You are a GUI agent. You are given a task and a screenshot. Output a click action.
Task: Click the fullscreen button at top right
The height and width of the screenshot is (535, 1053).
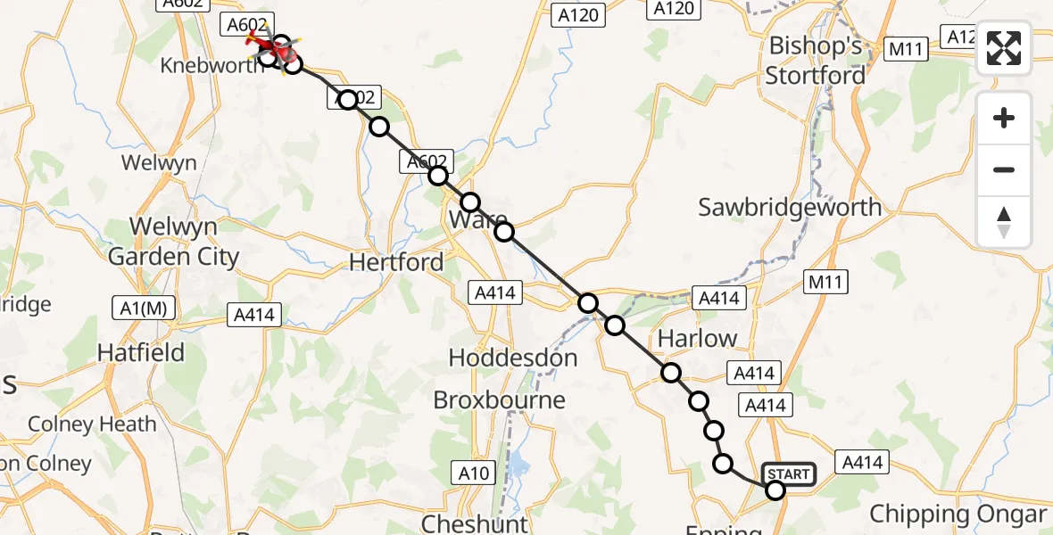pyautogui.click(x=1004, y=48)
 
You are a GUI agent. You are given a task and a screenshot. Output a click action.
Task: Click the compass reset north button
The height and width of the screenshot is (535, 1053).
pyautogui.click(x=1004, y=222)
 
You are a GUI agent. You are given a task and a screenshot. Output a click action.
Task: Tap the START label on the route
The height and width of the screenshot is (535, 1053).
pyautogui.click(x=789, y=474)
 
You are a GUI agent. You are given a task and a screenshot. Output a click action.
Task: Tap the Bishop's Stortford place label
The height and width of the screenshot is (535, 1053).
pyautogui.click(x=816, y=61)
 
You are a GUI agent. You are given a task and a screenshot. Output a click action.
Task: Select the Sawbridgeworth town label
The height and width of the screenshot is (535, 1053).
pyautogui.click(x=790, y=208)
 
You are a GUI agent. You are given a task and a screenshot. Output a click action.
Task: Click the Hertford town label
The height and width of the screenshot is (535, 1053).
pyautogui.click(x=396, y=262)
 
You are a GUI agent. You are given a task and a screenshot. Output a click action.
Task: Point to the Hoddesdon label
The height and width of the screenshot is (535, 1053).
pyautogui.click(x=512, y=358)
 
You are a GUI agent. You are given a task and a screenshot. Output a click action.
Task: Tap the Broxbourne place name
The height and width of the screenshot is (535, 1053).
pyautogui.click(x=499, y=400)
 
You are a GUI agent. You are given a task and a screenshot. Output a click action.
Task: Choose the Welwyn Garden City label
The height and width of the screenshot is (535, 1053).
pyautogui.click(x=173, y=242)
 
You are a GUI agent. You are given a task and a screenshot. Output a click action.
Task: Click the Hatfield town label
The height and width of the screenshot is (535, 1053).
pyautogui.click(x=140, y=353)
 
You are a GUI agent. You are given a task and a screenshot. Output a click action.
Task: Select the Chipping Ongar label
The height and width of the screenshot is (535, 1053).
pyautogui.click(x=957, y=514)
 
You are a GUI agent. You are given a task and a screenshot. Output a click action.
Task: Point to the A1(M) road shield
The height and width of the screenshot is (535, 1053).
pyautogui.click(x=143, y=309)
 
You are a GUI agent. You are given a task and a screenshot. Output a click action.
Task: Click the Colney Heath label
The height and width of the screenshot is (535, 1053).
pyautogui.click(x=92, y=424)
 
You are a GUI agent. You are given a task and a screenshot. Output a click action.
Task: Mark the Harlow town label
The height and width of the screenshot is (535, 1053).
pyautogui.click(x=697, y=339)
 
